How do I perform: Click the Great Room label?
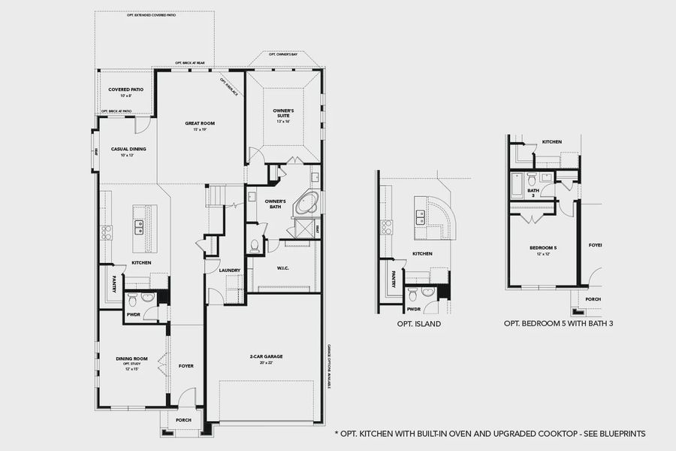(x=201, y=123)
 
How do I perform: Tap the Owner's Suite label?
(x=283, y=112)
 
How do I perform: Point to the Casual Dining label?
(x=128, y=149)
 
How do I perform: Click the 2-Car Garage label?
(x=266, y=356)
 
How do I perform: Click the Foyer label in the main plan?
(x=186, y=366)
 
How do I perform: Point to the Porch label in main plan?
(x=183, y=420)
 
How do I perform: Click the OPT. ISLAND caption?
(x=418, y=325)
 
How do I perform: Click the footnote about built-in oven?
(x=489, y=434)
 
